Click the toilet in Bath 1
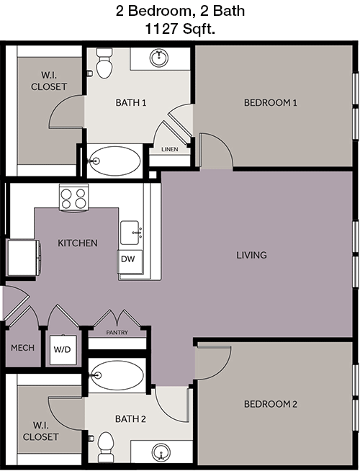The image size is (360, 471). (104, 63)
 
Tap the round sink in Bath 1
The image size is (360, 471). (159, 58)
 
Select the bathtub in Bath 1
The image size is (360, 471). (115, 161)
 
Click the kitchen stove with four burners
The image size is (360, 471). (74, 197)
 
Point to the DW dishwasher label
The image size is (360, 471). (128, 259)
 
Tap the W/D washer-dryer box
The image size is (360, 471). (63, 350)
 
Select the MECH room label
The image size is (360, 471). (22, 348)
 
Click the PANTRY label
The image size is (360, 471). (117, 333)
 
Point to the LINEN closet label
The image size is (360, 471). (170, 149)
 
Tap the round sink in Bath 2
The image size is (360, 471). (161, 452)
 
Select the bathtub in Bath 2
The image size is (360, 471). (117, 375)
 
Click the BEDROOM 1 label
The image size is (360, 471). (271, 103)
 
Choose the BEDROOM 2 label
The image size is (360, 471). (271, 404)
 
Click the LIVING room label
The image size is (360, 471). (251, 255)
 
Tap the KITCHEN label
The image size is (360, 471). (78, 243)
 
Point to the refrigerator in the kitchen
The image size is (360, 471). (24, 257)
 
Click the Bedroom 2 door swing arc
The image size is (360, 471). (223, 367)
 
